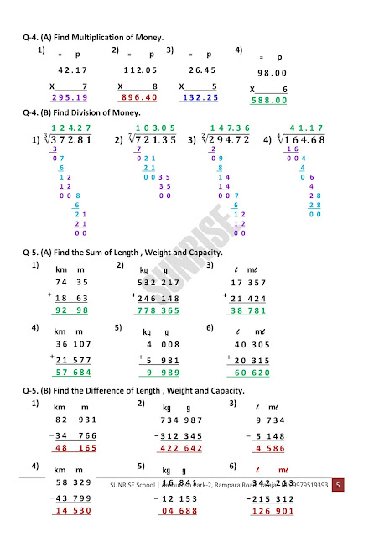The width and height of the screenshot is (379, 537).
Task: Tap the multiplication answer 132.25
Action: (x=200, y=97)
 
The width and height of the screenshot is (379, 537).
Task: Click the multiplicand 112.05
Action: (x=139, y=70)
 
